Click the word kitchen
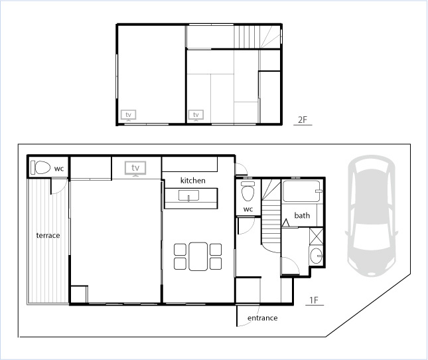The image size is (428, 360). (x=192, y=180)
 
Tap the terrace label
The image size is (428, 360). (x=48, y=235)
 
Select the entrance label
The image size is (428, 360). (x=262, y=318)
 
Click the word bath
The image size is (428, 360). (x=302, y=215)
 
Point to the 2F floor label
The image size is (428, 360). (x=303, y=120)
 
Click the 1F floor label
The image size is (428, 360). (x=314, y=300)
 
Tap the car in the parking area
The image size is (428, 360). (x=372, y=217)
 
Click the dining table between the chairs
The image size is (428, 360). (x=198, y=256)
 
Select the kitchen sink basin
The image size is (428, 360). (x=188, y=195)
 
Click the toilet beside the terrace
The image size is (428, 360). (x=40, y=167)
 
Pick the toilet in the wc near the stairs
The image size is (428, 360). (x=248, y=191)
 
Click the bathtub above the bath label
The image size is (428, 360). (x=302, y=191)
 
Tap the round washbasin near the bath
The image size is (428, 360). (x=316, y=256)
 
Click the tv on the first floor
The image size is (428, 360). (x=135, y=168)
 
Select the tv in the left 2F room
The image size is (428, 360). (x=128, y=115)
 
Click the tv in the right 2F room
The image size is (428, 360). (x=196, y=115)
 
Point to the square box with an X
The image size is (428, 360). (x=316, y=236)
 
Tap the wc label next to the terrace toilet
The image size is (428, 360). (x=59, y=168)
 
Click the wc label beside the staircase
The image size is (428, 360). (x=248, y=209)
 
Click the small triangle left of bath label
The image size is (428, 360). (x=285, y=223)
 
